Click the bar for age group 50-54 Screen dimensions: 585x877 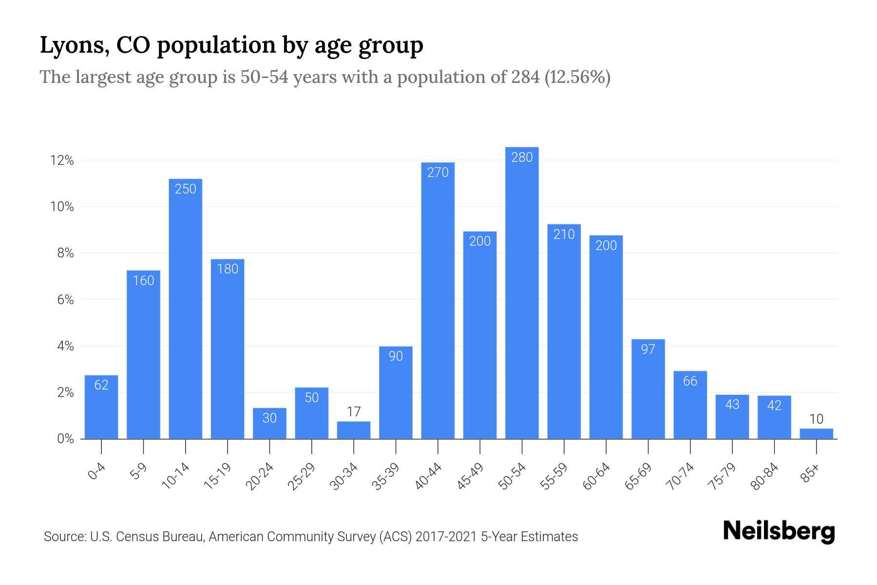click(522, 292)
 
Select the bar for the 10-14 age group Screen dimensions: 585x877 click(185, 309)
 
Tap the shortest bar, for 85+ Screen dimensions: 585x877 click(816, 433)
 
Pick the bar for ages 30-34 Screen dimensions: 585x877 click(354, 430)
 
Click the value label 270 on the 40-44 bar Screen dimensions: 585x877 click(438, 172)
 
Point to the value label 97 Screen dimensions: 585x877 click(648, 349)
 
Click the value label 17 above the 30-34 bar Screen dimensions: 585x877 click(354, 412)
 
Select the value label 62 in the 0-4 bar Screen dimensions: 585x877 click(101, 385)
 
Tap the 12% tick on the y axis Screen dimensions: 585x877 click(62, 160)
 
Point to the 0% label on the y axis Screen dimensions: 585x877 click(65, 439)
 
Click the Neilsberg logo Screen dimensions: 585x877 click(779, 531)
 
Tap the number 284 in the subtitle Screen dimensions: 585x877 click(525, 77)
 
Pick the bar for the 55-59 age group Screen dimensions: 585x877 click(564, 331)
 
